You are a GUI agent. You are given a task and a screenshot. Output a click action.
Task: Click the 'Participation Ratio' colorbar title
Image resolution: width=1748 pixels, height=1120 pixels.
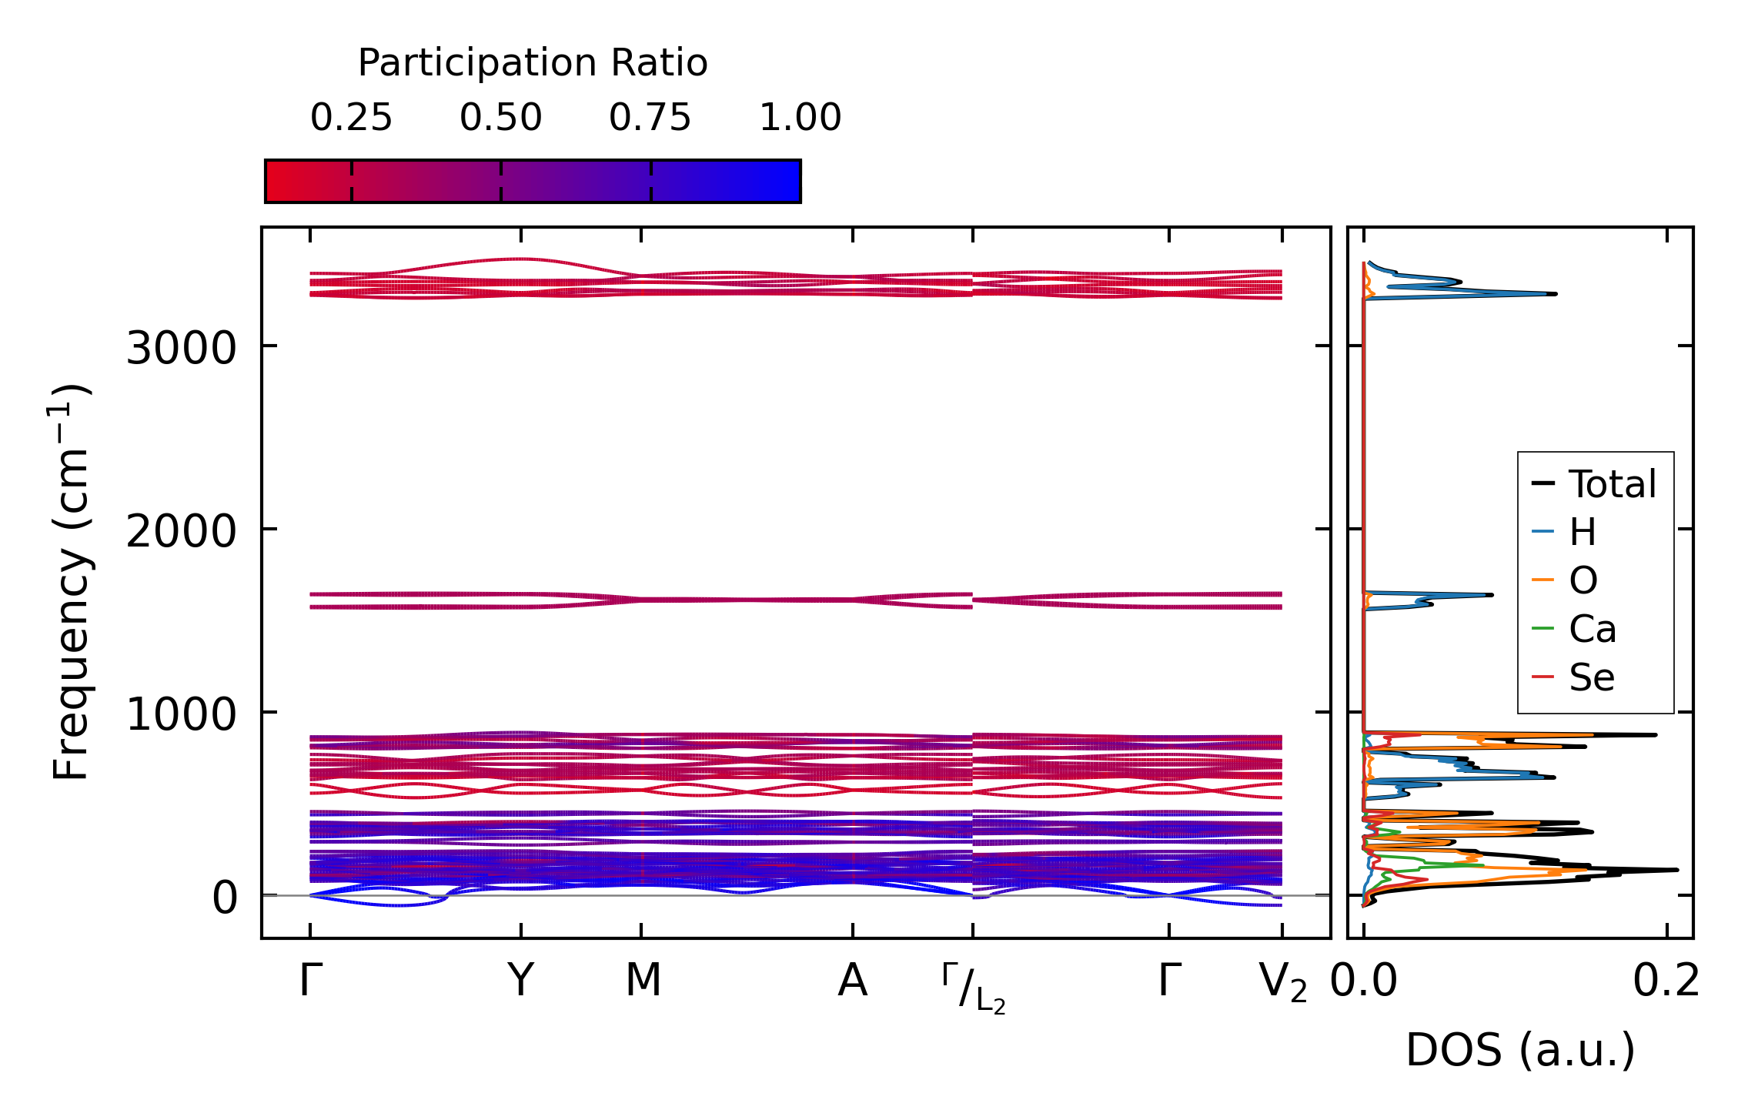pos(533,63)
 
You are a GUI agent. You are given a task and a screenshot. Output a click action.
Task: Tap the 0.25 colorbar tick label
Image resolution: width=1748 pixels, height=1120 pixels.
pos(351,118)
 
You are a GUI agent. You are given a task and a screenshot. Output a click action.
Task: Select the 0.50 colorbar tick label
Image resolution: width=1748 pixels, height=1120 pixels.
pos(501,118)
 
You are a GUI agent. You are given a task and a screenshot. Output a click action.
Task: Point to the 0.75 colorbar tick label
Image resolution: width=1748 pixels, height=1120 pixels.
pos(650,118)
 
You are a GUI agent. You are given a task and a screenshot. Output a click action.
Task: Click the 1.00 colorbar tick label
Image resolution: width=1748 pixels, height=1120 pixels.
pos(800,118)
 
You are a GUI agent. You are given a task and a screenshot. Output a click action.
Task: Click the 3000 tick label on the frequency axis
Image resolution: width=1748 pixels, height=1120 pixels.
pos(181,349)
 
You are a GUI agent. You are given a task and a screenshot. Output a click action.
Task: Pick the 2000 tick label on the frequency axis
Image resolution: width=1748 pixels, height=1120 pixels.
pos(181,531)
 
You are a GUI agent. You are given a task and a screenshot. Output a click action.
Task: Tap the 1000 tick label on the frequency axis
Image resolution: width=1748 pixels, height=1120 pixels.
pos(181,714)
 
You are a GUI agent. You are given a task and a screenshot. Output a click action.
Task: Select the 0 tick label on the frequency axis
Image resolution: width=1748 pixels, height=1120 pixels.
pos(225,898)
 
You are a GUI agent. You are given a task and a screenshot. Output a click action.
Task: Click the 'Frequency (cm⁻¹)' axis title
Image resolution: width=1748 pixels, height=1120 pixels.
pos(71,582)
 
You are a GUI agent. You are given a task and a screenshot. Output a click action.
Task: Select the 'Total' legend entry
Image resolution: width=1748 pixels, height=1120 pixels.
pos(1612,484)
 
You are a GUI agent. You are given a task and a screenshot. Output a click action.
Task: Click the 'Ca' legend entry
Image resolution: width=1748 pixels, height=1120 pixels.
pos(1593,630)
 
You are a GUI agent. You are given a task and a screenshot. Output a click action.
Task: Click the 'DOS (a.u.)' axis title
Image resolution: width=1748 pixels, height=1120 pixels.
pos(1520,1050)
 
